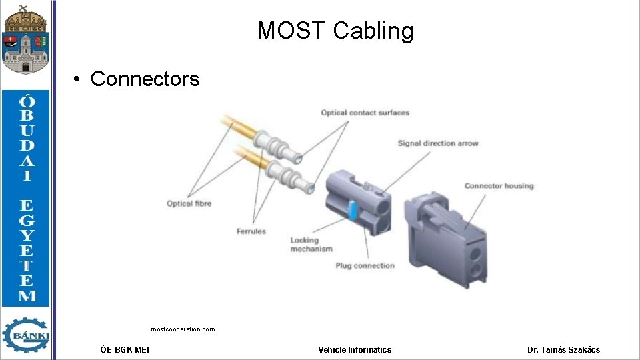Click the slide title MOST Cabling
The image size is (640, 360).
tap(335, 31)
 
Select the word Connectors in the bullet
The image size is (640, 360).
tap(145, 79)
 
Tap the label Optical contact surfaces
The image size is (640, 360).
tap(365, 113)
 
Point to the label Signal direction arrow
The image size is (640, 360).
tap(437, 143)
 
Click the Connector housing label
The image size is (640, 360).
tap(499, 186)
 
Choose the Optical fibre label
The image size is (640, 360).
tap(189, 203)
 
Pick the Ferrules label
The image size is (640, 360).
tap(251, 231)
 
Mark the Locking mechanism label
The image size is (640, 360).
tap(311, 245)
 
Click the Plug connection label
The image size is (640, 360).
tap(365, 265)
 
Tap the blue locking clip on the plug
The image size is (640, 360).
tap(353, 210)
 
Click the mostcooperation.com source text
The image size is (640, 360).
tap(183, 329)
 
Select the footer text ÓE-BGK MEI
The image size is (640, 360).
tap(125, 349)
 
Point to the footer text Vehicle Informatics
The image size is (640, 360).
tap(355, 349)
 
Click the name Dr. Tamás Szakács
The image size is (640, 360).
tap(563, 349)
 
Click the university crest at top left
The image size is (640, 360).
tap(25, 39)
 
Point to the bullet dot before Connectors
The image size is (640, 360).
tap(78, 79)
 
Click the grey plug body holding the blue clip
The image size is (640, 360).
tap(370, 207)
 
